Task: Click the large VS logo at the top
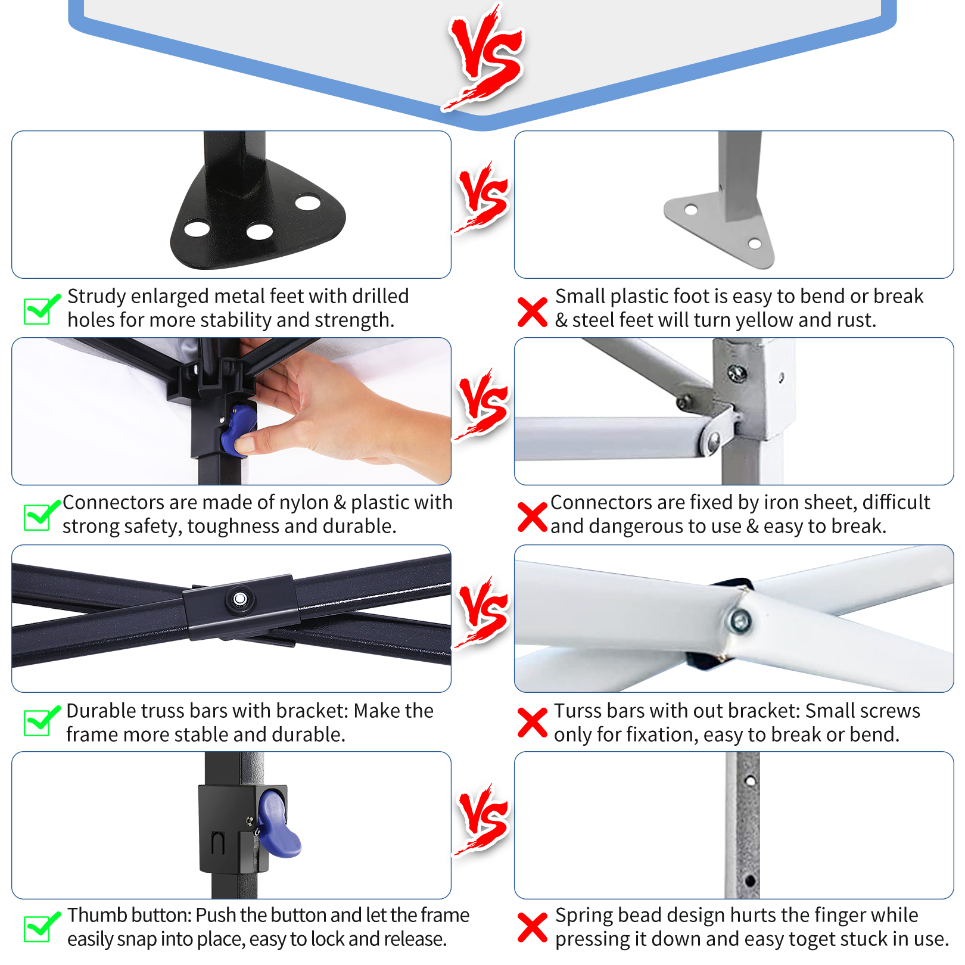coord(486,57)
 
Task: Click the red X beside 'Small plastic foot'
coord(533,312)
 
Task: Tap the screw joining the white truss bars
coord(740,621)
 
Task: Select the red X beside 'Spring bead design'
coord(533,927)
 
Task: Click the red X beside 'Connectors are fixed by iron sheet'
coord(533,517)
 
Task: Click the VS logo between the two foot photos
coord(483,197)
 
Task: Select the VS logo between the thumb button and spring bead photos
coord(483,819)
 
